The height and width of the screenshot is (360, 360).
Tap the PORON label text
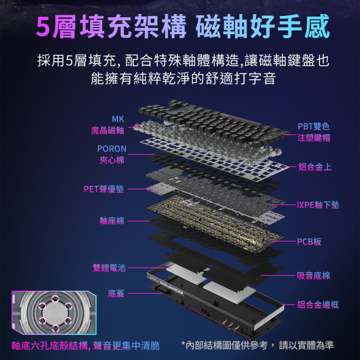click(112, 149)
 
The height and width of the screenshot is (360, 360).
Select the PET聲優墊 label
click(104, 189)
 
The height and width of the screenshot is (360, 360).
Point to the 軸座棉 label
click(112, 221)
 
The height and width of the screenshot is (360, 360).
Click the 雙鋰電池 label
click(109, 268)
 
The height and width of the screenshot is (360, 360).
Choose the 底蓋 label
click(116, 293)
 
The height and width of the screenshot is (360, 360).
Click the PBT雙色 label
click(313, 126)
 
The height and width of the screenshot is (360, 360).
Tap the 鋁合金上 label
click(315, 166)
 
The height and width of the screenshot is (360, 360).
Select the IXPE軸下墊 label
click(318, 205)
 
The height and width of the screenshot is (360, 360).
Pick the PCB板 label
click(309, 242)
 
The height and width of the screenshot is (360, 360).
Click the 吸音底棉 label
click(313, 276)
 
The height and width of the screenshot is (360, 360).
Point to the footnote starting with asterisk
click(257, 346)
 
